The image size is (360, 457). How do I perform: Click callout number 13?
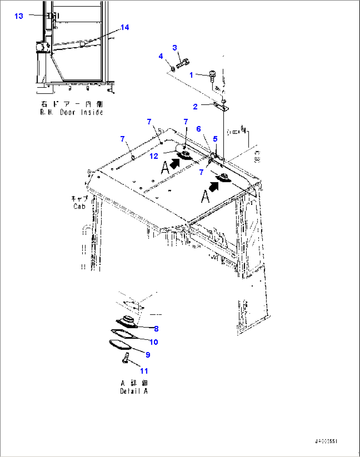coord(19,16)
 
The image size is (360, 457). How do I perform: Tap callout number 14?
coord(125,27)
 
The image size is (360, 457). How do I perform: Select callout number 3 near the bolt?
coord(175,48)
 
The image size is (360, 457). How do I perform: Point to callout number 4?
coord(161,56)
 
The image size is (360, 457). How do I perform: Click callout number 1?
coord(191,75)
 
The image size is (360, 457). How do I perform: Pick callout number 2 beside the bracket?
coord(195,107)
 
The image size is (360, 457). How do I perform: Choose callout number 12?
coord(154,156)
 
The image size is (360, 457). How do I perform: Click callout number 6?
coord(198,129)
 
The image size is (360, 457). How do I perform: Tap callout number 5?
coord(215,139)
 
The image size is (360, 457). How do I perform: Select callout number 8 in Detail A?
coord(156,329)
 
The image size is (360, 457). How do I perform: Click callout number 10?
coord(154,342)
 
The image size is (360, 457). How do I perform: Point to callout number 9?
coord(148,355)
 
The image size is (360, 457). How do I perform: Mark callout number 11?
coord(144,371)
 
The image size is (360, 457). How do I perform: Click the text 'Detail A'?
coord(134,391)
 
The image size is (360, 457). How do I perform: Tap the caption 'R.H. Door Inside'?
coord(72,112)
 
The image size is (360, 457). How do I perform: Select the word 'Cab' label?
coord(80,206)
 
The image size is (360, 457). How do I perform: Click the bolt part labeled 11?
coord(125,358)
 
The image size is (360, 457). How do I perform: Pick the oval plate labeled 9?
coord(120,344)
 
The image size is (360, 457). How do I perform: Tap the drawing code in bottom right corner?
coord(326,441)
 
